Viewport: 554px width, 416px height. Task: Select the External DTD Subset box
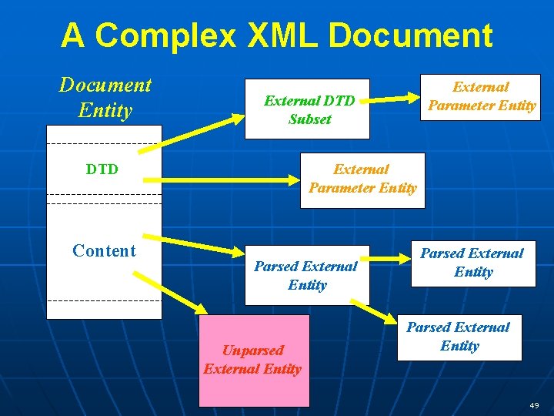pos(307,109)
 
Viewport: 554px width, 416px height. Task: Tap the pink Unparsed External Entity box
pos(254,360)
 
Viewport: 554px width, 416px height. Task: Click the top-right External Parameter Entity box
pos(482,96)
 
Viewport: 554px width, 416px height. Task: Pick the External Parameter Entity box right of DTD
pos(362,179)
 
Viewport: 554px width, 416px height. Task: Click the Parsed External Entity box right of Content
pos(307,275)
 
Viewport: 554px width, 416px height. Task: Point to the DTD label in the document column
pos(102,169)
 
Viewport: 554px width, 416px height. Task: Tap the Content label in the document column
pos(104,250)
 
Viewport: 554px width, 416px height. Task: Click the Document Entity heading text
pos(105,97)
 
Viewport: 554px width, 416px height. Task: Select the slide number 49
pos(534,404)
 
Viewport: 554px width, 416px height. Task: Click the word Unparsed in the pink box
pos(254,351)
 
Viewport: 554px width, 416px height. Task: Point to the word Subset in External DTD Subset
pos(310,119)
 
